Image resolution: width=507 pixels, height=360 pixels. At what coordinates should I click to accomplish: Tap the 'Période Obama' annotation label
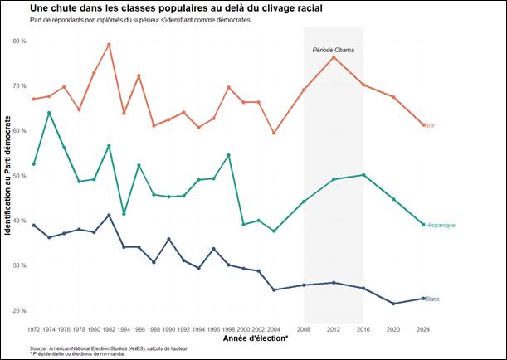(333, 51)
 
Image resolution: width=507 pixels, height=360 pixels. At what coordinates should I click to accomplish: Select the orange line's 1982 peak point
(109, 45)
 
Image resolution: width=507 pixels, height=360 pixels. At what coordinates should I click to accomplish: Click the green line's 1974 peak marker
(49, 113)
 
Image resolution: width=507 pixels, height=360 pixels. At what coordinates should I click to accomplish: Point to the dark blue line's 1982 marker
(109, 216)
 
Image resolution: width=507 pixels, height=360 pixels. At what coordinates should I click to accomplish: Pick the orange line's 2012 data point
(334, 56)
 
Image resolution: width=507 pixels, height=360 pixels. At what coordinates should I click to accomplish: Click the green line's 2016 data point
(363, 175)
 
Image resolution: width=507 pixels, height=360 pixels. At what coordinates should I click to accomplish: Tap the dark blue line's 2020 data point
(393, 304)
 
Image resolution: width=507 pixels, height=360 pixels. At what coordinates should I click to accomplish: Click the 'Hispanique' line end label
(441, 225)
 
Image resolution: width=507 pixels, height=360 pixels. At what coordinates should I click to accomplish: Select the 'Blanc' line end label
(432, 299)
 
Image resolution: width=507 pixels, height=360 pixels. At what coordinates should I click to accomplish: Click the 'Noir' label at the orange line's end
(431, 125)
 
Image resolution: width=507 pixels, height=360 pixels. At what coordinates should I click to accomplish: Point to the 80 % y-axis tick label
(18, 41)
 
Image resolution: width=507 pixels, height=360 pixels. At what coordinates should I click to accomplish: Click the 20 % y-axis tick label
(18, 311)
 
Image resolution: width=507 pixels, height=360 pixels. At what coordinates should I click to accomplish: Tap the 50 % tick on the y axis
(18, 176)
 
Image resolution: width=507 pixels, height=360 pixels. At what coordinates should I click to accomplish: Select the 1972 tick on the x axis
(34, 329)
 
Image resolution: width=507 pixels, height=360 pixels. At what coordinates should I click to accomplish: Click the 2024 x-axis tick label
(423, 329)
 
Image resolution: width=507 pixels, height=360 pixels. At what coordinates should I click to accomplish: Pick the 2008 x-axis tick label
(304, 329)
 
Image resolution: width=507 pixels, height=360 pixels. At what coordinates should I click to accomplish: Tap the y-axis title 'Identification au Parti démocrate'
(7, 176)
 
